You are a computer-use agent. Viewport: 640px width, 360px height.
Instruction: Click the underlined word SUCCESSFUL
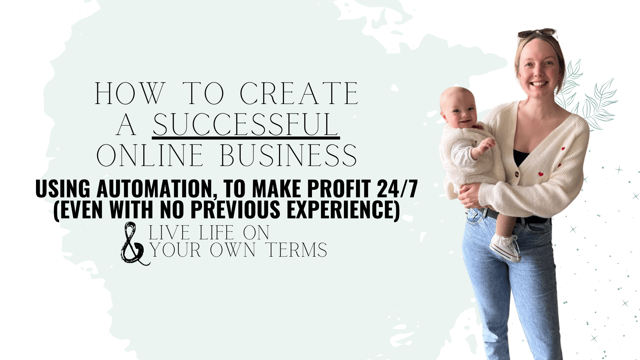pos(246,124)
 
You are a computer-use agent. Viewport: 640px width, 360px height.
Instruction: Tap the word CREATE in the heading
pos(299,94)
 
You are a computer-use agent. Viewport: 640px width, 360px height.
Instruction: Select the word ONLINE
pos(150,155)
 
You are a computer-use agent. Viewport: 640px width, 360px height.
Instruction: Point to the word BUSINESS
pos(288,155)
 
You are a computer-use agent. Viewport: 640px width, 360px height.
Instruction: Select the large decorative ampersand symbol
pos(134,243)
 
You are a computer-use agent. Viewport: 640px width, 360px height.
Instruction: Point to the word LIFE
pos(217,233)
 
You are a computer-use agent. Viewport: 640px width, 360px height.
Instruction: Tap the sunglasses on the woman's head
pos(537,33)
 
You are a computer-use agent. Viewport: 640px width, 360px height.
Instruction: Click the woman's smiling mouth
pos(539,84)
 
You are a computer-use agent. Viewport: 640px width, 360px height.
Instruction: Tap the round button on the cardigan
pos(517,174)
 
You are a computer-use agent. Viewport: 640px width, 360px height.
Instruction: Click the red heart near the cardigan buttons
pos(540,174)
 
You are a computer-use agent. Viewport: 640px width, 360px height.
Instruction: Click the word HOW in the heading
pos(130,94)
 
